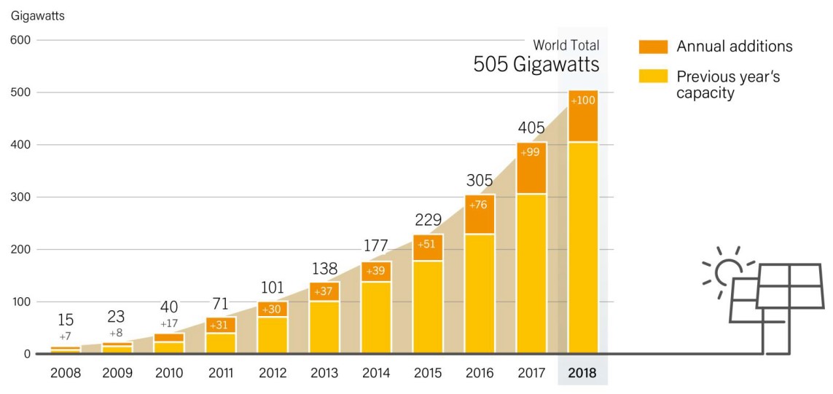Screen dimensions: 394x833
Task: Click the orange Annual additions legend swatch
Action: tap(653, 47)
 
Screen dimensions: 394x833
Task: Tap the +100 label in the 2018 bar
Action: tap(583, 100)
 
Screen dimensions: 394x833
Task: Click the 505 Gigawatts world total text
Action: tap(536, 64)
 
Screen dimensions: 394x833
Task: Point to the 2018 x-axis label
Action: tap(582, 374)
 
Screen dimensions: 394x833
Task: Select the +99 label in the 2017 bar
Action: tap(531, 151)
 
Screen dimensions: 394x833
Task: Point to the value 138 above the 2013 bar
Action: tap(324, 267)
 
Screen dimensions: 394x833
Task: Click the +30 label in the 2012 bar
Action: tap(273, 309)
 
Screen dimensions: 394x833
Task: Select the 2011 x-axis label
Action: tap(221, 374)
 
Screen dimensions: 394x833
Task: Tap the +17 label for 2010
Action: tap(169, 323)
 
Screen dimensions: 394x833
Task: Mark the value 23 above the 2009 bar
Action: tap(117, 317)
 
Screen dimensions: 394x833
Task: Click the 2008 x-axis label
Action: tap(66, 374)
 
